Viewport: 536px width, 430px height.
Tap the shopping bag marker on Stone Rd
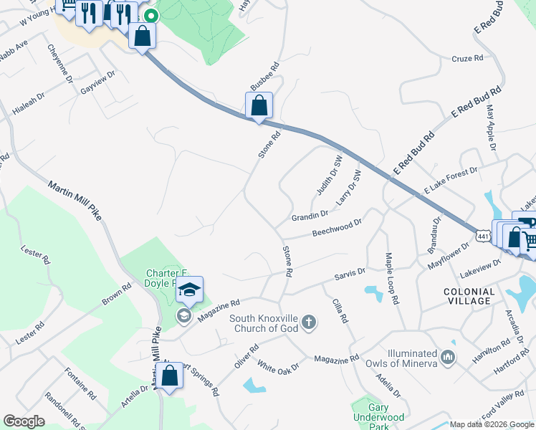point(259,105)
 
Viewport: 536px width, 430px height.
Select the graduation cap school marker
point(190,290)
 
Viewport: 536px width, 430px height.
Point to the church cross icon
point(309,322)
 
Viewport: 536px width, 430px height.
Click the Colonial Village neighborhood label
point(469,296)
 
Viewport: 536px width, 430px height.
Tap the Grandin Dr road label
point(310,214)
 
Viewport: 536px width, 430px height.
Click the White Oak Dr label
point(278,367)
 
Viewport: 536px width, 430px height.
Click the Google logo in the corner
point(24,421)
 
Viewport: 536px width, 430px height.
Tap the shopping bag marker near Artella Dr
point(169,376)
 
